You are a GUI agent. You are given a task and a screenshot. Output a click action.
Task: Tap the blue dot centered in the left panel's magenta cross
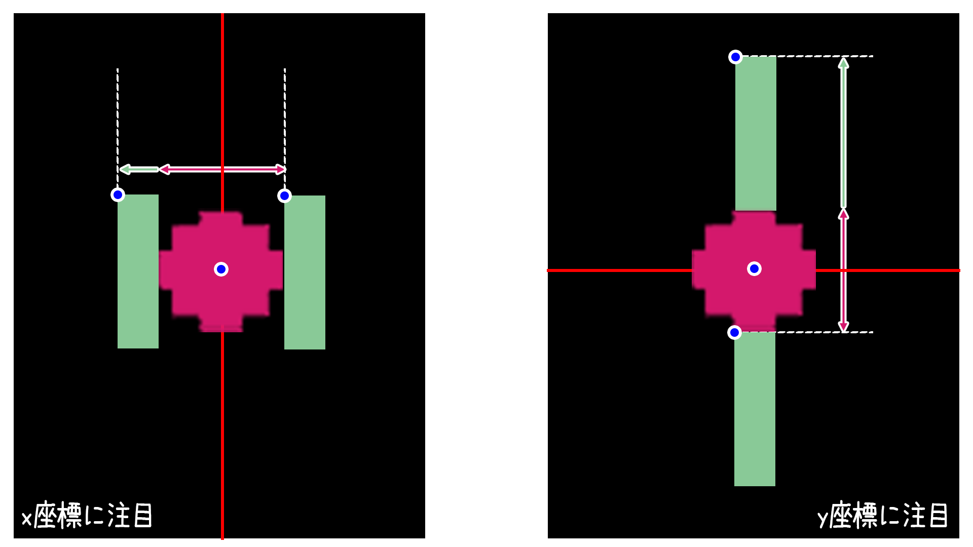[221, 269]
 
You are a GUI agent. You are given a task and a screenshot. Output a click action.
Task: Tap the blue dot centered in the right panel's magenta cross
[754, 268]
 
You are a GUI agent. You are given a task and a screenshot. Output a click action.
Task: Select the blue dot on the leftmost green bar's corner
[118, 194]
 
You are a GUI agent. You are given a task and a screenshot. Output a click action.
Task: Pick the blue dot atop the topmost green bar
[735, 57]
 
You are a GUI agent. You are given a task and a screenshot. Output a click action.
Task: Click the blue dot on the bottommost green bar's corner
[734, 332]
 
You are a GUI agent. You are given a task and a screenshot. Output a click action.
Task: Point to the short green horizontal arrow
[139, 169]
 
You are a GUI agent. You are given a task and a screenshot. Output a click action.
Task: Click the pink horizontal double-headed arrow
[222, 169]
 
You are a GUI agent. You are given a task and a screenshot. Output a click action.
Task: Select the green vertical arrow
[843, 133]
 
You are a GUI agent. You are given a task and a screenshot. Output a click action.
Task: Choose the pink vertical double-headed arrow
[843, 270]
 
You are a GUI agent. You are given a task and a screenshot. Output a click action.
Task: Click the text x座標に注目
[87, 516]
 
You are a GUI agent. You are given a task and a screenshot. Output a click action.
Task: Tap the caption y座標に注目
[883, 516]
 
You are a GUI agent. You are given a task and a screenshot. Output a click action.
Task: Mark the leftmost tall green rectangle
[138, 271]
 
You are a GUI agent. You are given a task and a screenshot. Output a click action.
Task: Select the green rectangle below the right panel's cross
[755, 409]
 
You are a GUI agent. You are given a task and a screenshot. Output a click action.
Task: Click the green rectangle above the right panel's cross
[756, 133]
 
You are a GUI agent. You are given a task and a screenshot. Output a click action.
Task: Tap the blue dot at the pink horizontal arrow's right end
[284, 196]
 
